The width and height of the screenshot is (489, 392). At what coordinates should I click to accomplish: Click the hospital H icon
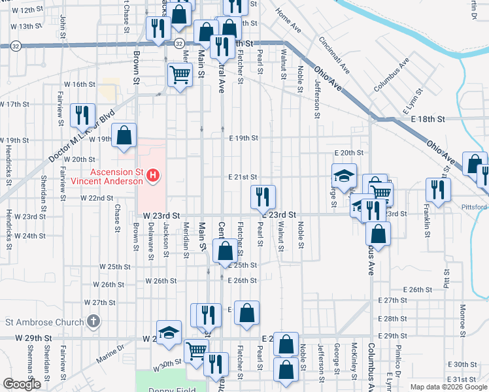click(x=153, y=175)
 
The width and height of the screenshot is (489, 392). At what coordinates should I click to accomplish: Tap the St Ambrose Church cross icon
click(x=93, y=321)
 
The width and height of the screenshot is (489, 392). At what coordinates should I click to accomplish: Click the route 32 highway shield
click(x=16, y=46)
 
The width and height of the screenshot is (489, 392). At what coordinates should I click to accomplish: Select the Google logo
click(x=21, y=384)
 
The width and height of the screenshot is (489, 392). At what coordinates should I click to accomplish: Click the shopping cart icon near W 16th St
click(x=179, y=73)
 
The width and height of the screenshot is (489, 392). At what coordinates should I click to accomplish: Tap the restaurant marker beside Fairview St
click(x=82, y=115)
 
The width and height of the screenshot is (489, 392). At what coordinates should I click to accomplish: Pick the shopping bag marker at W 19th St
click(x=124, y=136)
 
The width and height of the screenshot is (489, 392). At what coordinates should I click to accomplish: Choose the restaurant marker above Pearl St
click(x=262, y=196)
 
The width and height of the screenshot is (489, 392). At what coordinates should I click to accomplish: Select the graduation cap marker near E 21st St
click(x=344, y=175)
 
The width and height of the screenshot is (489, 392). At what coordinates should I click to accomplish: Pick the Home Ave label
click(x=288, y=21)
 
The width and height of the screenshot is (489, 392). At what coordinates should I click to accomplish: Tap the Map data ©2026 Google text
click(x=448, y=387)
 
